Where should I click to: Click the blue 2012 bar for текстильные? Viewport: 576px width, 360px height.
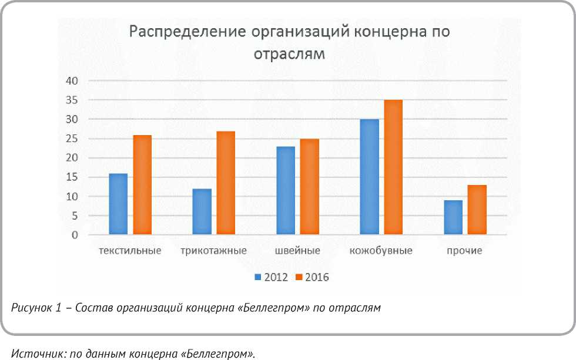pos(118,204)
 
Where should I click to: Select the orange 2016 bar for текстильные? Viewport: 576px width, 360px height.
pos(142,185)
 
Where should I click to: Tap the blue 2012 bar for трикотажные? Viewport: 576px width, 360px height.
pos(202,212)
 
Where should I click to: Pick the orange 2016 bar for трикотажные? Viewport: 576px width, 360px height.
pos(226,183)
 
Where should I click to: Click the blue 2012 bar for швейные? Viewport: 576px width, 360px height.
pos(285,191)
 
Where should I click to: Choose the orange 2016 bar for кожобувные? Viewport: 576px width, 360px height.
pos(393,167)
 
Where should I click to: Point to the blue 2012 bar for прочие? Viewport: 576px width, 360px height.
pos(453,218)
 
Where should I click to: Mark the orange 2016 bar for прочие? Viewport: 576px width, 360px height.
pos(477,210)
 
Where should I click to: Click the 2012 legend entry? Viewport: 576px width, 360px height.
pos(271,277)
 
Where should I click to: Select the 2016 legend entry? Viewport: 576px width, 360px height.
pos(312,277)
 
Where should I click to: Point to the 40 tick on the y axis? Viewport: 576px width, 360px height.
pos(72,81)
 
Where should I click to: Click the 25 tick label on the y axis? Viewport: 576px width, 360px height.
pos(72,139)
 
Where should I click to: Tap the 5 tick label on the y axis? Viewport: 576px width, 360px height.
pos(75,216)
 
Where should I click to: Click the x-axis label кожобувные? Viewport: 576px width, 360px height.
pos(381,251)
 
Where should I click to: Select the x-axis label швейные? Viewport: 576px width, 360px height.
pos(297,251)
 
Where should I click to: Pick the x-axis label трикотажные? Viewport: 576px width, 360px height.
pos(213,251)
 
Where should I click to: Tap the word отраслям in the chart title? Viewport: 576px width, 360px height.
pos(289,54)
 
